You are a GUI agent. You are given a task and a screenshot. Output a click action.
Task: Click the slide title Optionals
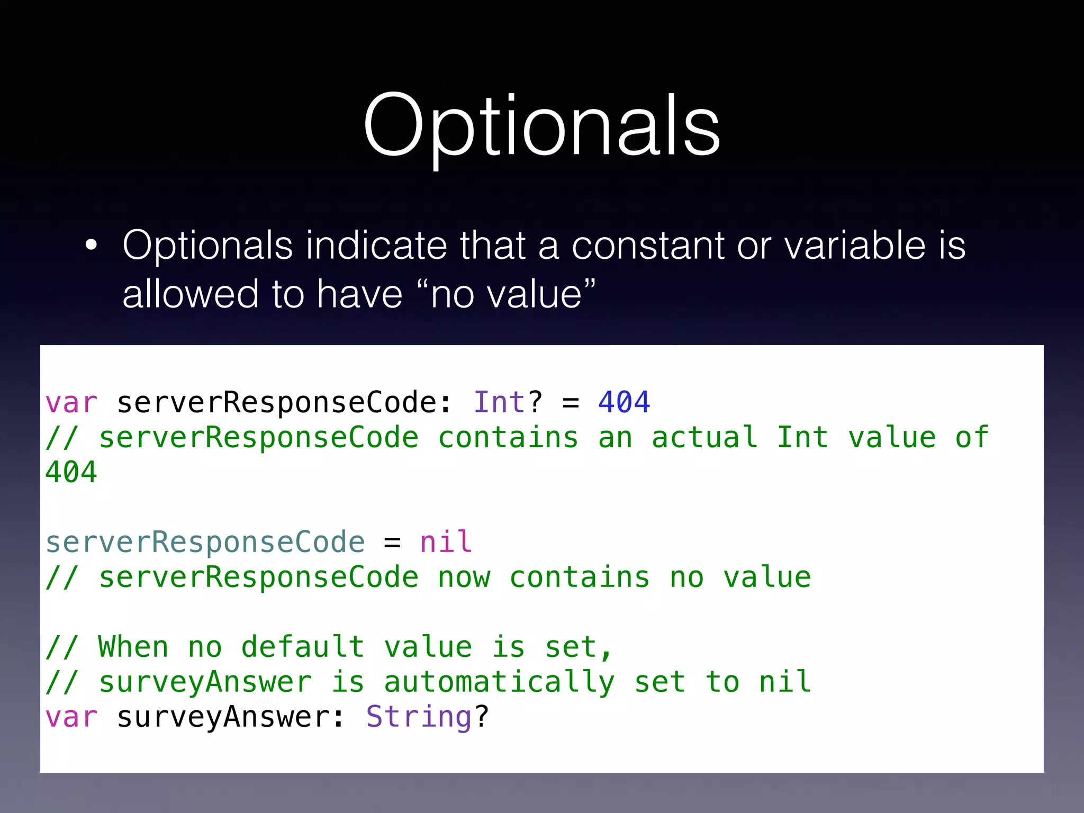(541, 126)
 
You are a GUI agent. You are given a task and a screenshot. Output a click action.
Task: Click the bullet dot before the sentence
(91, 245)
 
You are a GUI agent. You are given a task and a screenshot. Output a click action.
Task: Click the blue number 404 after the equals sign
(624, 402)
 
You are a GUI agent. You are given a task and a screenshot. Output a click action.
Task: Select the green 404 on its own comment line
(71, 472)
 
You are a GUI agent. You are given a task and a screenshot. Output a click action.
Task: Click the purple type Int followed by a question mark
(499, 402)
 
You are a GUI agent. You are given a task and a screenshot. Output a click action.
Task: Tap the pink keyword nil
(446, 542)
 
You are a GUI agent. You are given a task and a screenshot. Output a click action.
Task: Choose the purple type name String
(419, 717)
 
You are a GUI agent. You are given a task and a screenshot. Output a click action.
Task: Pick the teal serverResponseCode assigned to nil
(205, 542)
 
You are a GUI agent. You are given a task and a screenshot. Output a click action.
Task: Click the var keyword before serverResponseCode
(71, 402)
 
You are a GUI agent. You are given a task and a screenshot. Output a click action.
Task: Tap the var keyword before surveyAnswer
(71, 717)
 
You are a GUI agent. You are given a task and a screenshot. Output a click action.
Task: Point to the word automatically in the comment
(499, 682)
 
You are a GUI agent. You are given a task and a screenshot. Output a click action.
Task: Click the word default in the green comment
(303, 647)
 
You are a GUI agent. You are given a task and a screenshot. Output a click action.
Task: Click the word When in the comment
(133, 647)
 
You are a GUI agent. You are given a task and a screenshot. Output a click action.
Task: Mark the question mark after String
(482, 717)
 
